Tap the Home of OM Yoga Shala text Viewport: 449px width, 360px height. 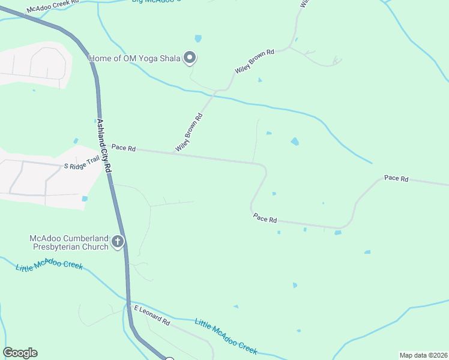(135, 58)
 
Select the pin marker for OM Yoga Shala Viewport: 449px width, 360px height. (190, 58)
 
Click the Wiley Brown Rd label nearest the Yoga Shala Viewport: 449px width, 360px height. (255, 62)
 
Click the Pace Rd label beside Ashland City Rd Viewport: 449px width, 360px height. (124, 148)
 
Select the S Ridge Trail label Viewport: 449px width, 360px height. (82, 163)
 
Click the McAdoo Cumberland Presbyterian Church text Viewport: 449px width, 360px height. (69, 242)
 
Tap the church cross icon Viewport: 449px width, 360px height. (118, 242)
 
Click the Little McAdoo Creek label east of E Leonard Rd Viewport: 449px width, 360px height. (226, 338)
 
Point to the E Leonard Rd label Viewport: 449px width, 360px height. (152, 314)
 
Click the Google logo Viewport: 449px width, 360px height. (20, 353)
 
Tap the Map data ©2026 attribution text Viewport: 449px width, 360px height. (423, 355)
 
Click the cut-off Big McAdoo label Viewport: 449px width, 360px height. (156, 1)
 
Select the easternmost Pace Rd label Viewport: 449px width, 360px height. (396, 178)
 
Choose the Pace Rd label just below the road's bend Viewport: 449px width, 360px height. (265, 219)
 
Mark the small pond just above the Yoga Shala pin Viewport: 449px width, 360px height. (198, 38)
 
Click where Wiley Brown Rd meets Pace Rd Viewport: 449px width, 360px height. (174, 152)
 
